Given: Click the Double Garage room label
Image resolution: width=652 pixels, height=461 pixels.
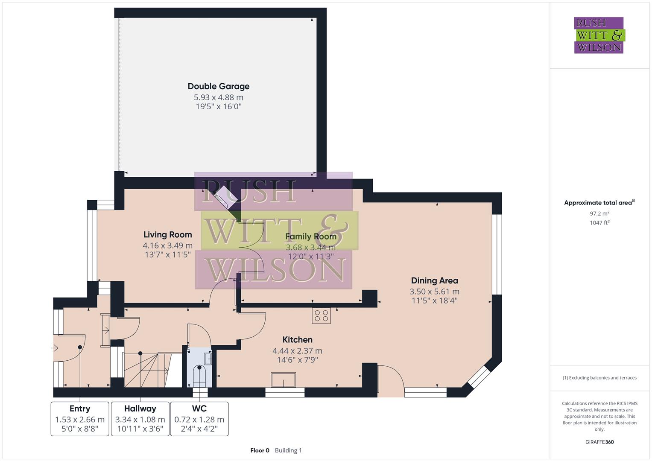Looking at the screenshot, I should pyautogui.click(x=218, y=86).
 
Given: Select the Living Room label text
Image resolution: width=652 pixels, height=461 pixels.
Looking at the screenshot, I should pyautogui.click(x=167, y=234).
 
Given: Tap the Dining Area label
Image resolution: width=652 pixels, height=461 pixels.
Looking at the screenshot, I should pyautogui.click(x=434, y=280).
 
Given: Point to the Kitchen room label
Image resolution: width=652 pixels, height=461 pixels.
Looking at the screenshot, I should pyautogui.click(x=297, y=340).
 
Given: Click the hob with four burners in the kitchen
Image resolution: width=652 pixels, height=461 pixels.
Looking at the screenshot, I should pyautogui.click(x=322, y=315).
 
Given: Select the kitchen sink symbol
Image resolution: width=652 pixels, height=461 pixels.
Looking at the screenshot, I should pyautogui.click(x=284, y=379).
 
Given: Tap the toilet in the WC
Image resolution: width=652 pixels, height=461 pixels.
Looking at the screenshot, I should pyautogui.click(x=199, y=375).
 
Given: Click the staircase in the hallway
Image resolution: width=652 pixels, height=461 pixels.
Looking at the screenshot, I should pyautogui.click(x=147, y=369).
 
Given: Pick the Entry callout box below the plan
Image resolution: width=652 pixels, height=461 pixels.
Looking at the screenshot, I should pyautogui.click(x=80, y=419).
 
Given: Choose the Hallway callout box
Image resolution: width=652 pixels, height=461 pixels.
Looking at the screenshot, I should pyautogui.click(x=140, y=419).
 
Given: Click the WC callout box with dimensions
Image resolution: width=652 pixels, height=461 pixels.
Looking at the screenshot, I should pyautogui.click(x=199, y=419).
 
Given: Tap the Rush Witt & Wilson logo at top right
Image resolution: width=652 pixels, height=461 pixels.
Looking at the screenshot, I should pyautogui.click(x=599, y=35).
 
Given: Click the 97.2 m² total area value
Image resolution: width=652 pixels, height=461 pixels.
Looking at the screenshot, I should pyautogui.click(x=599, y=213).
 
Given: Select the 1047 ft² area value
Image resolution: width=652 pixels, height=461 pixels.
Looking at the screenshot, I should pyautogui.click(x=599, y=223).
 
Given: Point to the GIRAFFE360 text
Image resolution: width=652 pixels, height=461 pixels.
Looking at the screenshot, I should pyautogui.click(x=599, y=442).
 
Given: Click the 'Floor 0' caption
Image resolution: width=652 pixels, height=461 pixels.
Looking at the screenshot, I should pyautogui.click(x=260, y=450).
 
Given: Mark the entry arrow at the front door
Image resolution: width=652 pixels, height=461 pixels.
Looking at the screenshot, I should pyautogui.click(x=54, y=348).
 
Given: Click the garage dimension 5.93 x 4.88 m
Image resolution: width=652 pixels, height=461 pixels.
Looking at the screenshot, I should pyautogui.click(x=218, y=97).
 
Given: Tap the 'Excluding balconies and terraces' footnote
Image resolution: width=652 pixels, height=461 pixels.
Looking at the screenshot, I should pyautogui.click(x=599, y=378).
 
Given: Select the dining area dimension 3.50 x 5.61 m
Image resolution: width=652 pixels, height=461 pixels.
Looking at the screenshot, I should pyautogui.click(x=434, y=292).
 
